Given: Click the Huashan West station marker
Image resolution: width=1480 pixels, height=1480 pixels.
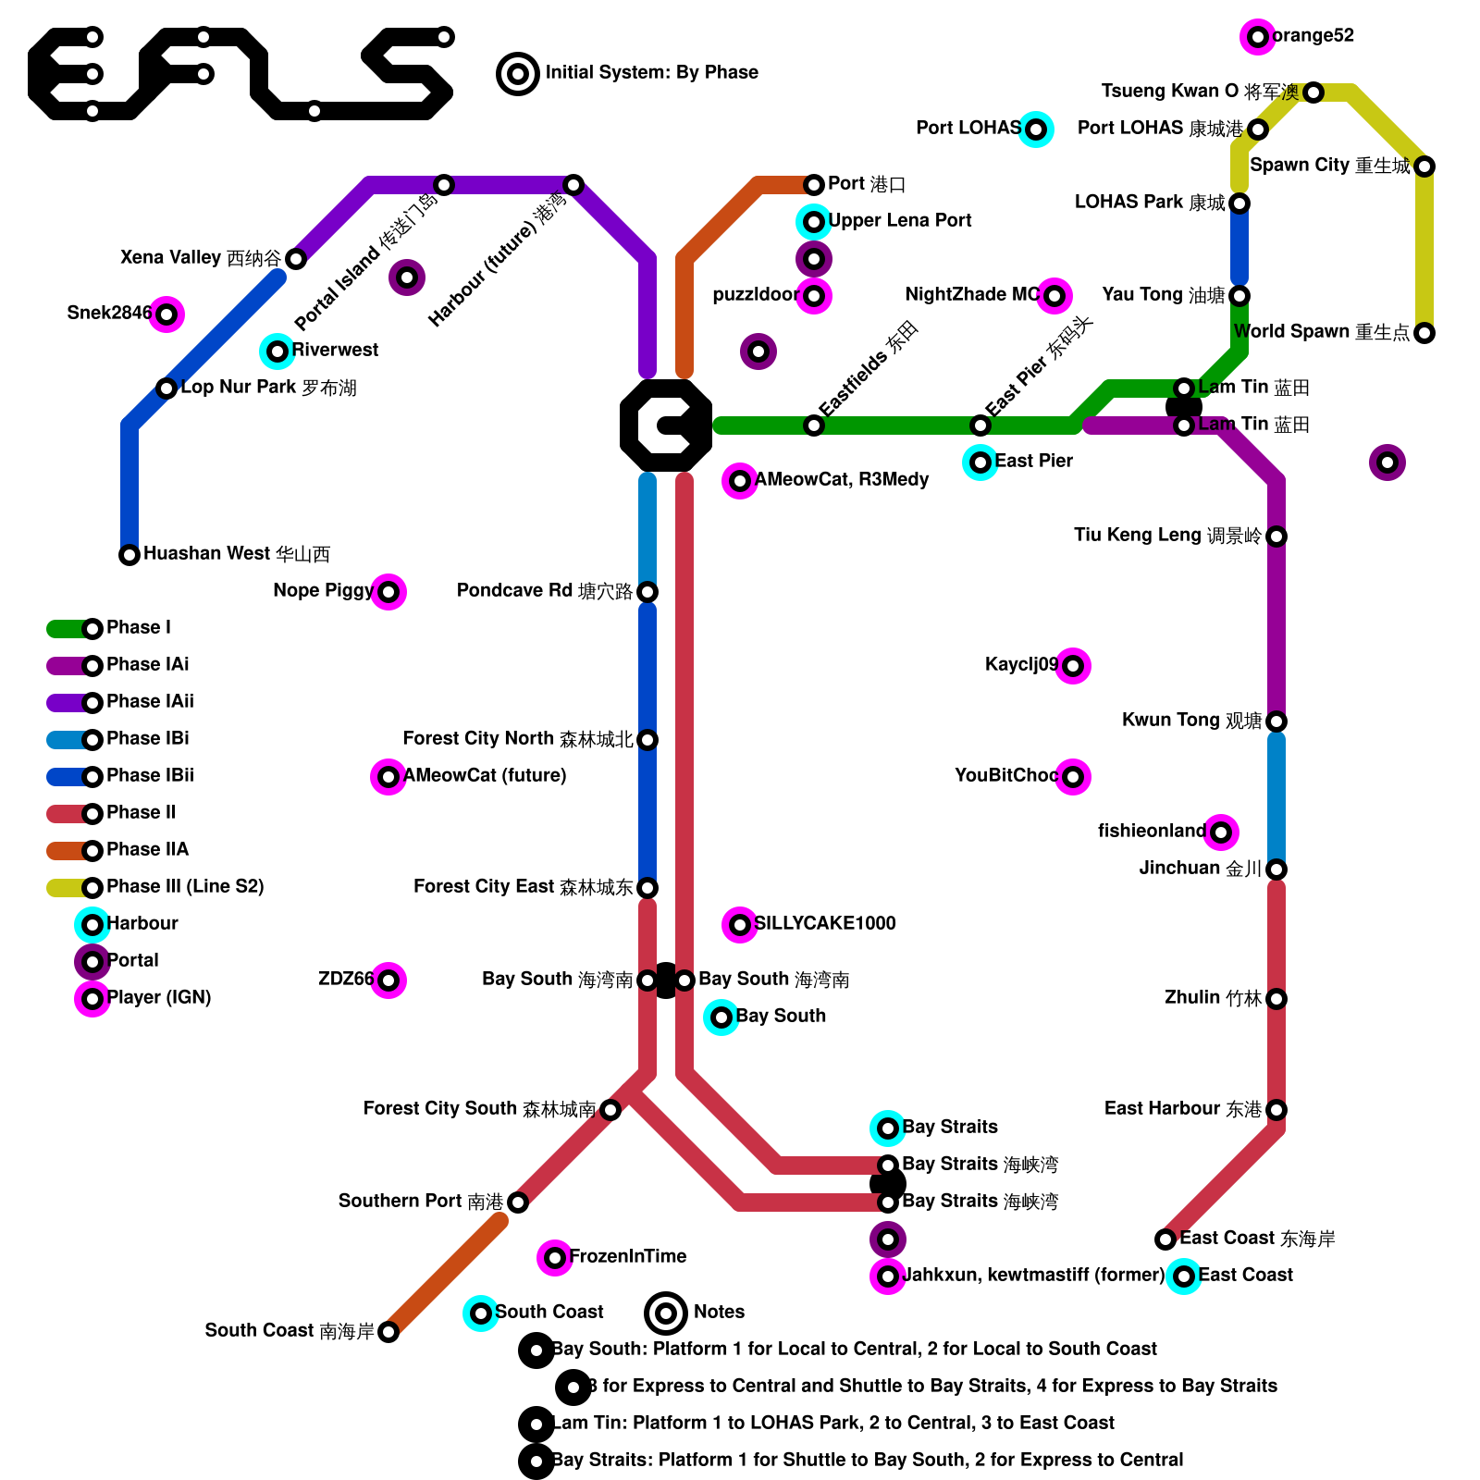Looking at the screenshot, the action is coord(129,555).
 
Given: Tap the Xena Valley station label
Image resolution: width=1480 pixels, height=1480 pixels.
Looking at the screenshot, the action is coord(201,258).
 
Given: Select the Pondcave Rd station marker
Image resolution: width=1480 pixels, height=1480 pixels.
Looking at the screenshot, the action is coord(647,592).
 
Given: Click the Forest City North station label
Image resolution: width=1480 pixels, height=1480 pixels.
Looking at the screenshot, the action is coord(517,739).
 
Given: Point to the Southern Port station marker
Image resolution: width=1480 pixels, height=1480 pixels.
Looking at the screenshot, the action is coord(518,1202).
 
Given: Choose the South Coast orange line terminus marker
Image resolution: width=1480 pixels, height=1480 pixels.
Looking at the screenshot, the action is coord(388,1332).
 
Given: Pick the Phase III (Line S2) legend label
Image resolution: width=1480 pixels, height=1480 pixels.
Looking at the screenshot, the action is coord(185,887).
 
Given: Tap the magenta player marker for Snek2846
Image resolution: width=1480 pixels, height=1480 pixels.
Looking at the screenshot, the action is coord(166,314).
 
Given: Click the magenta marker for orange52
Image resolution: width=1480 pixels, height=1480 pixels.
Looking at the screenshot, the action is coord(1257,37).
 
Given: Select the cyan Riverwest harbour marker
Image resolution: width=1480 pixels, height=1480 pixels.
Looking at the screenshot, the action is coord(277,351).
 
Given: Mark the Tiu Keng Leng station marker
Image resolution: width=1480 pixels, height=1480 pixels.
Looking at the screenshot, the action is coord(1276,536).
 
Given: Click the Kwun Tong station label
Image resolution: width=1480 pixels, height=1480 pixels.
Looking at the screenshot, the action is coord(1191,721).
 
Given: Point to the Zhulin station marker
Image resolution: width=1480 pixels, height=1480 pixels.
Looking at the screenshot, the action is coord(1276,999).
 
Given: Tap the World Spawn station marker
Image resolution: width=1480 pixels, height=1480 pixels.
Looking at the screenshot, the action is coord(1424,333).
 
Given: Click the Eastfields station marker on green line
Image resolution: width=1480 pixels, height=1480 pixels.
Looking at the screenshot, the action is coord(814,425).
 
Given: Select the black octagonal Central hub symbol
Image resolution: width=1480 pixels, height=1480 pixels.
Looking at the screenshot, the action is coord(666,425).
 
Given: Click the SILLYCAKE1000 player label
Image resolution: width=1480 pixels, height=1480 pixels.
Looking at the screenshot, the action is coord(825,924).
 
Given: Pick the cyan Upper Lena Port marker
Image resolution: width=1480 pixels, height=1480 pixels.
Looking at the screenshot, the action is coord(814,222).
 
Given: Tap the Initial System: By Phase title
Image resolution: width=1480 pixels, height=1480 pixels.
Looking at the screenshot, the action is coord(651,73).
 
